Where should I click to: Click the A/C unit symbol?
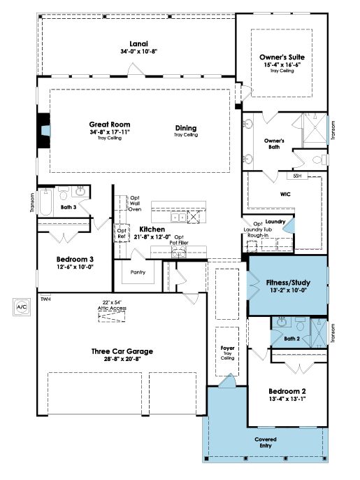[22, 306]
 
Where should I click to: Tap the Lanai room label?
[138, 44]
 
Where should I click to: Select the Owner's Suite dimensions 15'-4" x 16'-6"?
[282, 65]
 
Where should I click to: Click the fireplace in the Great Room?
[44, 130]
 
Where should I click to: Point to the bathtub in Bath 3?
[46, 202]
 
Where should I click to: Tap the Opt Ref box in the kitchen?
[122, 233]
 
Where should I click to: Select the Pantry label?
[138, 272]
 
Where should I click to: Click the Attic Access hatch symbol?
[112, 317]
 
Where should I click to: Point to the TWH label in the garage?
[45, 299]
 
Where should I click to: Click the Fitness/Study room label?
[288, 283]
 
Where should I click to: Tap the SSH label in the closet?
[297, 176]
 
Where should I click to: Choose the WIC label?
[285, 194]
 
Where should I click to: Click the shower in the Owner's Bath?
[315, 128]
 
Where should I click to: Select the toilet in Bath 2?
[300, 324]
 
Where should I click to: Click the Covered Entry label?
[266, 443]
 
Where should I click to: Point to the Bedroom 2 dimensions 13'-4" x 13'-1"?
[287, 399]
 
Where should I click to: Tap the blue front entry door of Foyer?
[227, 381]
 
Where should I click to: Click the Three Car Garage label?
[122, 351]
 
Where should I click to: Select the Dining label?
[186, 128]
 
